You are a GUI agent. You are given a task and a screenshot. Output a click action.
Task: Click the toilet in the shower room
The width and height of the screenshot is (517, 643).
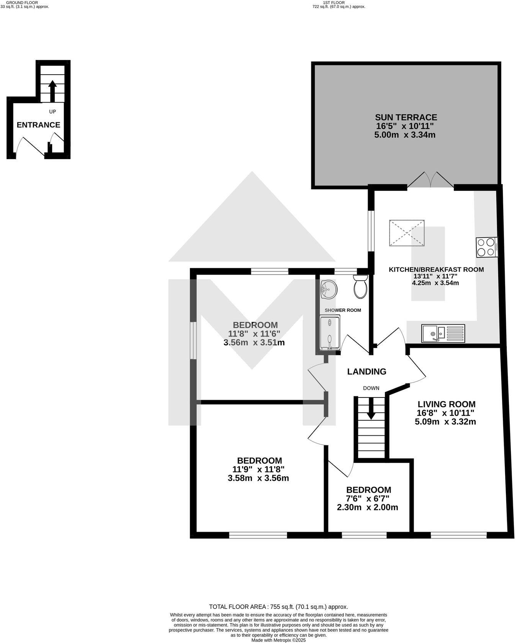coord(360,287)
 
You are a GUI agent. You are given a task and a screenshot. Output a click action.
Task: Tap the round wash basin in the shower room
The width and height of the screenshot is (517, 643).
coord(329,289)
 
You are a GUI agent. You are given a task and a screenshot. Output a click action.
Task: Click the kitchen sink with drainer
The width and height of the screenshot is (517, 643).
coord(443,333)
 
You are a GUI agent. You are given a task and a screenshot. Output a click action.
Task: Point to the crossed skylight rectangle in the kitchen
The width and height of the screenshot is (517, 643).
coord(406,233)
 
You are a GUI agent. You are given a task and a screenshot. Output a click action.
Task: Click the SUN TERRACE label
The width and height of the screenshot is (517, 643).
coord(406,117)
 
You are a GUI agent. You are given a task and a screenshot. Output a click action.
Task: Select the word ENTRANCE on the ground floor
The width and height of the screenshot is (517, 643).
coord(38,125)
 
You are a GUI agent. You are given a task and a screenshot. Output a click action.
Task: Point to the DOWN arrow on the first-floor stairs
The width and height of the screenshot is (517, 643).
coord(371,410)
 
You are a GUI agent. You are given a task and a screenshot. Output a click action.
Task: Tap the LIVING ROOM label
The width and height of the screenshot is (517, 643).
coord(446,404)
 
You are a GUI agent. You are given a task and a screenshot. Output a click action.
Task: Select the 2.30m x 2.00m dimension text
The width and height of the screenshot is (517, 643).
coord(367,508)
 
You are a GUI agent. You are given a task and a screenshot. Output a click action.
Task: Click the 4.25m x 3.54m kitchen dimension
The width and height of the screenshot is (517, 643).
coord(435,283)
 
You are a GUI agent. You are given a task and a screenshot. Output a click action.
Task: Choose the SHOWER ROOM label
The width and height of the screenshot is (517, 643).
coord(343,310)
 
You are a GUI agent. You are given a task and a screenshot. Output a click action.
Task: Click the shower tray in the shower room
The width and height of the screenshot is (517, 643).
coord(330,332)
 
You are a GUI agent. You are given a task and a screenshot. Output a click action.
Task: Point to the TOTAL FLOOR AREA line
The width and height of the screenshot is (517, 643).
coord(278,607)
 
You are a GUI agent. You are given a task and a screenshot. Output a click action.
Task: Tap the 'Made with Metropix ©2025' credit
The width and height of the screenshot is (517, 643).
coord(278,640)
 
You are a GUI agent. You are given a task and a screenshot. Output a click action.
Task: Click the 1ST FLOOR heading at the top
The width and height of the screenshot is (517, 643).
coord(334,2)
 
